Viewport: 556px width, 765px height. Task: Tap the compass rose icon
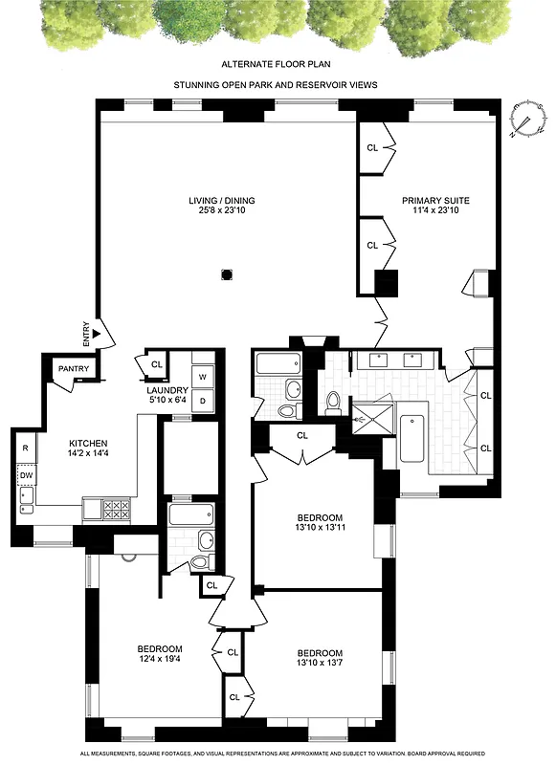point(523,120)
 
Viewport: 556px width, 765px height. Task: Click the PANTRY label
point(74,368)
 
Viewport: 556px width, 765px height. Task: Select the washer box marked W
point(202,376)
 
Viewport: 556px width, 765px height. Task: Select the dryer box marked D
point(202,403)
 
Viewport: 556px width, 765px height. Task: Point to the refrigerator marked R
point(25,447)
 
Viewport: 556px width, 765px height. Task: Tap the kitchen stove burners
point(116,509)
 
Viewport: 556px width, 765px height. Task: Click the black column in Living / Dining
point(227,274)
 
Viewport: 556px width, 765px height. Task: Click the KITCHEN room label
point(87,443)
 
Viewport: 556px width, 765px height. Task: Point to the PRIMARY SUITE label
point(436,200)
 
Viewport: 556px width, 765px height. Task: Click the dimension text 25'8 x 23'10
point(221,211)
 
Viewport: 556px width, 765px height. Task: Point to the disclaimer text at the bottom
point(278,754)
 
